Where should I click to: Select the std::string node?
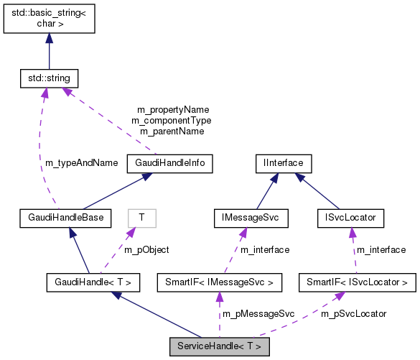point(49,77)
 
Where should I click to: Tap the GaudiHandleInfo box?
point(170,163)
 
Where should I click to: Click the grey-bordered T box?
point(141,216)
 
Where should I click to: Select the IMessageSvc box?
point(251,216)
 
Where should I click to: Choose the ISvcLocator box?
point(351,216)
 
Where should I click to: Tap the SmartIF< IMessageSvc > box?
point(219,282)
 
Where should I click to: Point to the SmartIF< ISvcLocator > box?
point(357,282)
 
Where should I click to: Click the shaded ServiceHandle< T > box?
point(219,347)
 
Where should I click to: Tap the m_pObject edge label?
point(147,249)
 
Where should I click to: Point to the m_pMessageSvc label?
point(258,314)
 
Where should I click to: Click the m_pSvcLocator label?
point(354,314)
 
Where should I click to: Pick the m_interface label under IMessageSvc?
point(265,249)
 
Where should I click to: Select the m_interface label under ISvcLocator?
point(381,249)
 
